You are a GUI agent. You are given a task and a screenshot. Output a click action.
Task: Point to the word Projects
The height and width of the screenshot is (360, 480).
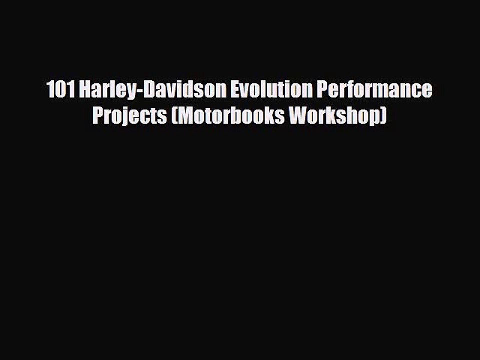pyautogui.click(x=130, y=116)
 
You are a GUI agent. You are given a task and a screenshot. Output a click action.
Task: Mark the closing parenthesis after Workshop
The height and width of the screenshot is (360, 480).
pyautogui.click(x=383, y=116)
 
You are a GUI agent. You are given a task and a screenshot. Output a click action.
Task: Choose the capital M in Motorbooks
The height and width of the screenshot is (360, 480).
pyautogui.click(x=185, y=116)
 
